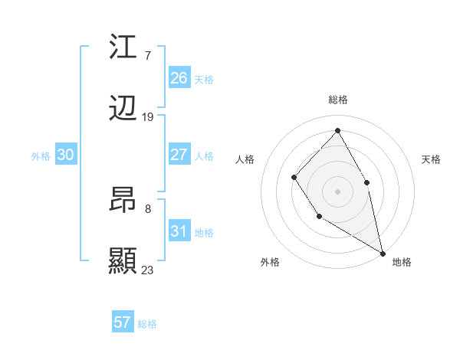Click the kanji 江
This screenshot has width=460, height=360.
123,47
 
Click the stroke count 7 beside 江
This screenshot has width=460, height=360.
147,55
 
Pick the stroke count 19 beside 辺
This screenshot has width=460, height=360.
148,117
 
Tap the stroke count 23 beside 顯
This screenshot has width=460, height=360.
148,270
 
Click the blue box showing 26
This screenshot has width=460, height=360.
179,78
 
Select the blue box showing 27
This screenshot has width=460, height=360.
179,155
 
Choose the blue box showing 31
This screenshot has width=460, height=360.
179,231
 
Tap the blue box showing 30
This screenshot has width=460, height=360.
66,155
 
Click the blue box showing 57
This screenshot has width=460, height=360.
123,322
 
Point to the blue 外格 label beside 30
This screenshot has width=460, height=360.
41,155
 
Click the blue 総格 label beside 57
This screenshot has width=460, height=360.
147,324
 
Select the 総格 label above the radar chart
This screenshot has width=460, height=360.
337,100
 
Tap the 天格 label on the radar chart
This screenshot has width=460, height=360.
432,159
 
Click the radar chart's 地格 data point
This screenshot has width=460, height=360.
383,253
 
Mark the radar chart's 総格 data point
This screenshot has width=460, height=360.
337,131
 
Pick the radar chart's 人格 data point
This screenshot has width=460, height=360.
294,178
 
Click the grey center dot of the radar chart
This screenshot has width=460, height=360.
337,191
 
